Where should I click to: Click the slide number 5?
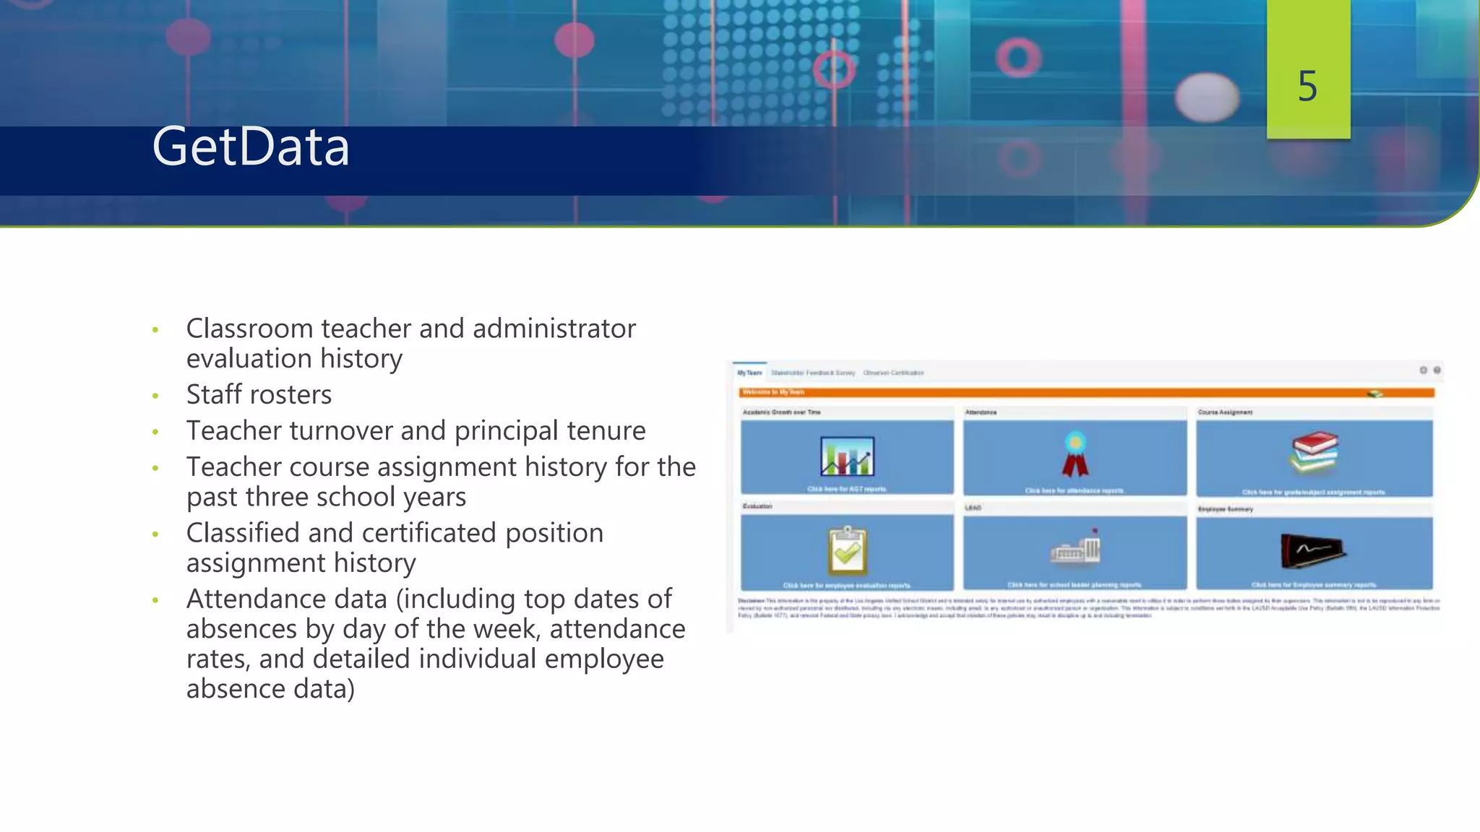(x=1307, y=86)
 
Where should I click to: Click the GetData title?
(x=251, y=147)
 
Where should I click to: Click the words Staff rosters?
(x=259, y=394)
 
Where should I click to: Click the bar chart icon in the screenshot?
(x=847, y=456)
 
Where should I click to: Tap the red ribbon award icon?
(x=1075, y=455)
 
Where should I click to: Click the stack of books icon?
(x=1315, y=452)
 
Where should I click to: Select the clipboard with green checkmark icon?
(x=847, y=550)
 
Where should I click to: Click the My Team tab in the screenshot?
(x=749, y=373)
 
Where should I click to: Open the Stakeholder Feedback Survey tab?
(x=812, y=373)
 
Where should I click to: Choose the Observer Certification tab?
(x=893, y=373)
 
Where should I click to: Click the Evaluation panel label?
(x=757, y=506)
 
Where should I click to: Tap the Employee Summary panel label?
(x=1225, y=509)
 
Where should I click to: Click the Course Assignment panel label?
(x=1225, y=412)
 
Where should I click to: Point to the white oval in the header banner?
(x=1206, y=96)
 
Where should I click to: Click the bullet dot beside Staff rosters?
(x=155, y=396)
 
